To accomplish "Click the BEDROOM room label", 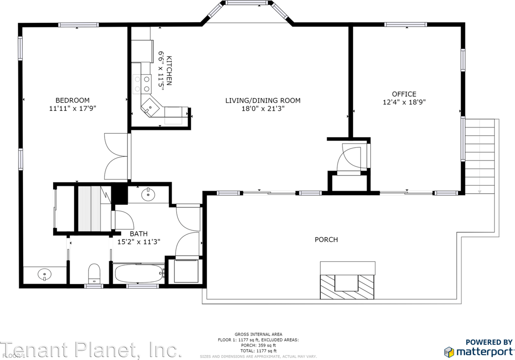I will pos(72,100).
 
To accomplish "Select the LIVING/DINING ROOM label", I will pos(263,100).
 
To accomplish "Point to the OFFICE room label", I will pos(404,94).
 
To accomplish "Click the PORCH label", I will pos(326,240).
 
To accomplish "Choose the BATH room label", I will pos(138,234).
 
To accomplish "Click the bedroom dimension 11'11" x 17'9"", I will pos(72,108).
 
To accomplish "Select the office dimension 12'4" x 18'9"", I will pos(404,102).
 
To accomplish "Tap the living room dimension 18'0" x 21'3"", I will pos(263,108).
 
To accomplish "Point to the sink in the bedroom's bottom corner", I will pos(44,275).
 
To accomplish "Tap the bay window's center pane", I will pos(247,3).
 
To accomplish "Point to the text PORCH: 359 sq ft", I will pos(258,346).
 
